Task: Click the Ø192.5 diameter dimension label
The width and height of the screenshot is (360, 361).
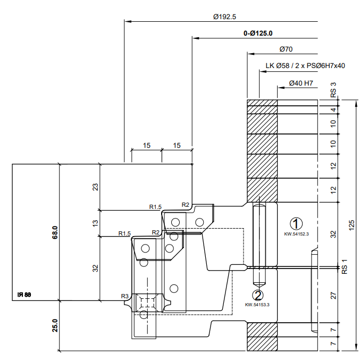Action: click(224, 17)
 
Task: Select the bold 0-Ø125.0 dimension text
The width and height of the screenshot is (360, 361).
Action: click(258, 33)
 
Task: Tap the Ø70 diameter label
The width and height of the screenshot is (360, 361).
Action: click(286, 49)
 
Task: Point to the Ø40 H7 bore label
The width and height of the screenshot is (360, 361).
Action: click(301, 83)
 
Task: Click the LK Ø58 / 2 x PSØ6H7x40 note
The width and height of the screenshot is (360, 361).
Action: click(305, 66)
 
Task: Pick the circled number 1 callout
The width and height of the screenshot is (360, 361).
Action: click(296, 223)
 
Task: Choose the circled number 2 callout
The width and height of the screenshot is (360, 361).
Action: click(258, 295)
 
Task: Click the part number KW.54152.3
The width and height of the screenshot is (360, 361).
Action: click(296, 234)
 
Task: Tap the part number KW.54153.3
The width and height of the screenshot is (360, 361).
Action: click(257, 305)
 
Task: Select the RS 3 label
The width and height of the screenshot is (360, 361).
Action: click(333, 90)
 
